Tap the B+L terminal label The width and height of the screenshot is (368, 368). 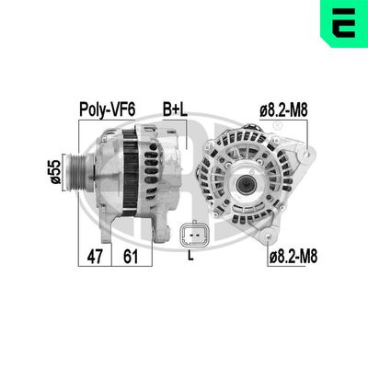[175, 109]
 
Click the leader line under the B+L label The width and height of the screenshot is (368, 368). [184, 133]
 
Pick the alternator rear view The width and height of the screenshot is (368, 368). [247, 184]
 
